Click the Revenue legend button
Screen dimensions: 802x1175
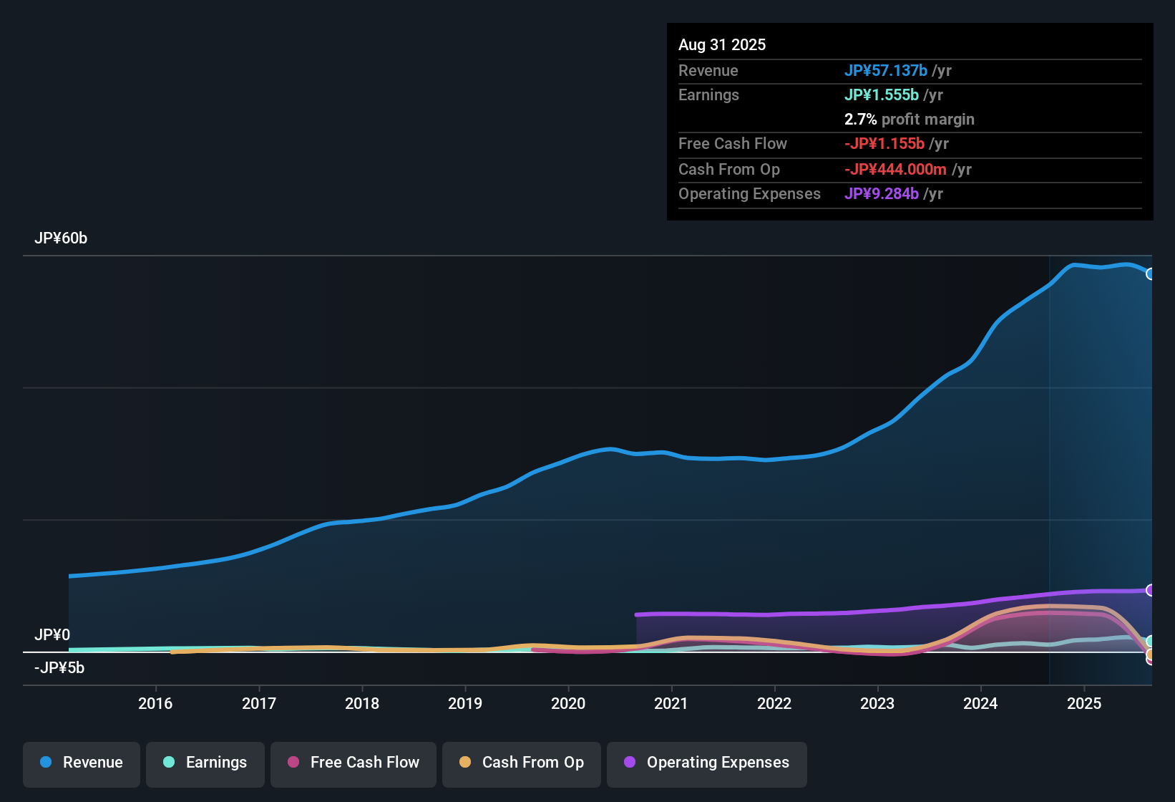[82, 763]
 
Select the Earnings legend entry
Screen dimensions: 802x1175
[205, 763]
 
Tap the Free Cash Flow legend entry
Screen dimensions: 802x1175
[354, 763]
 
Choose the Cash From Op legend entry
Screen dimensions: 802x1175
[522, 763]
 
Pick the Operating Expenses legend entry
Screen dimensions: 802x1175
[706, 763]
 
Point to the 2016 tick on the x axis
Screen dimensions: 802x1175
[155, 703]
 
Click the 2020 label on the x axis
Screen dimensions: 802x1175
[568, 703]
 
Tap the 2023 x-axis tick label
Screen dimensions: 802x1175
[877, 703]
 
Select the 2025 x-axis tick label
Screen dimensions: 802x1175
[1084, 703]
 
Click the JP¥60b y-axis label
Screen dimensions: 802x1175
[61, 238]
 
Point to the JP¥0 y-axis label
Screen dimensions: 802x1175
[52, 635]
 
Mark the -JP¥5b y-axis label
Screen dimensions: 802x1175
[59, 668]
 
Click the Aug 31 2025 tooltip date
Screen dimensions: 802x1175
[722, 45]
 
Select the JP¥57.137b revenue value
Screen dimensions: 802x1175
[886, 71]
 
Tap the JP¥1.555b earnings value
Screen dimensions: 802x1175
[882, 95]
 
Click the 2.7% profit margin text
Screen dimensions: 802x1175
[909, 120]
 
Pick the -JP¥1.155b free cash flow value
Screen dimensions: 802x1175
[884, 144]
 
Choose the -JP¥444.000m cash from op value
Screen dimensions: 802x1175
[895, 170]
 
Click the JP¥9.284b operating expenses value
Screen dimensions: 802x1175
[882, 194]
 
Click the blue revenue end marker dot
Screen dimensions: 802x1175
[1150, 274]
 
